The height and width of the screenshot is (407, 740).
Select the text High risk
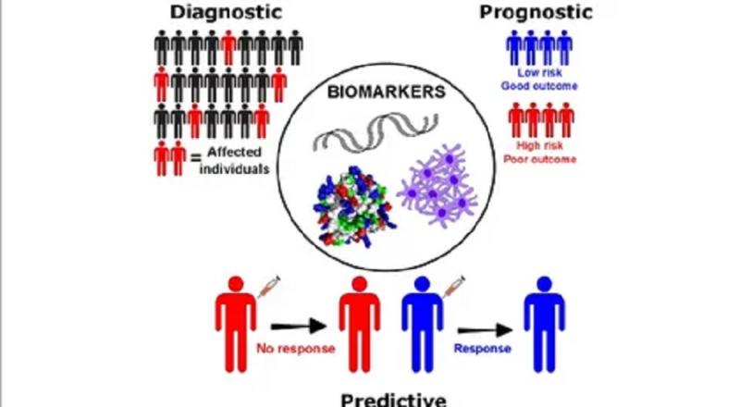point(540,144)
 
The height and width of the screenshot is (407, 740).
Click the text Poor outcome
point(540,159)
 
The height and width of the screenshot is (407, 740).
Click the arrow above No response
point(298,325)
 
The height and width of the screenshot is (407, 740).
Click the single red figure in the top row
point(228,46)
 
